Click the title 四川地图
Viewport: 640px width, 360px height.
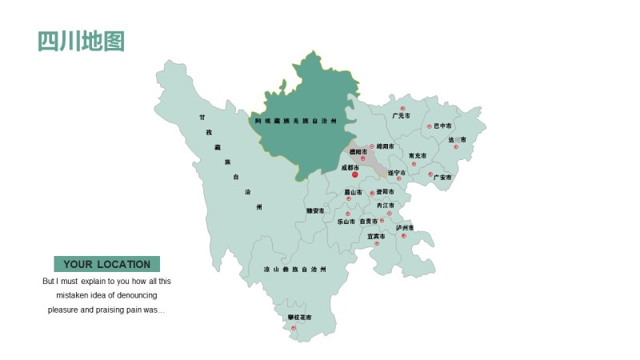[x=82, y=41]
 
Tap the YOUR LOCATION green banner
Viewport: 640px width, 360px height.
[x=107, y=264]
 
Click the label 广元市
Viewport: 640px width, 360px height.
[x=401, y=116]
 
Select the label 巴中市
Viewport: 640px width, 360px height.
[x=442, y=126]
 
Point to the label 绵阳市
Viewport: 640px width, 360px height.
[x=385, y=146]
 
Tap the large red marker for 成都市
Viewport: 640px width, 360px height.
[x=355, y=174]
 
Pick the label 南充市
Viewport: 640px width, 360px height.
[x=417, y=155]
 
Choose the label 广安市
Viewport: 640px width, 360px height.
[x=442, y=177]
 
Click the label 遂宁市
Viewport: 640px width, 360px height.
[x=396, y=173]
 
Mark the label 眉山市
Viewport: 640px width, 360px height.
[x=353, y=192]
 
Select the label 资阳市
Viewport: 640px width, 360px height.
[x=385, y=192]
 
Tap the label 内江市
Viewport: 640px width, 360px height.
[x=386, y=206]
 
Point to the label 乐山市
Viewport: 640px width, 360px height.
[x=346, y=221]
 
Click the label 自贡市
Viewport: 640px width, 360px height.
[x=369, y=221]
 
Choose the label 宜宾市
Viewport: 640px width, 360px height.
[x=376, y=236]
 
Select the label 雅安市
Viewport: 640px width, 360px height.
[x=315, y=210]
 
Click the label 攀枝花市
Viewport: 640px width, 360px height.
[x=299, y=318]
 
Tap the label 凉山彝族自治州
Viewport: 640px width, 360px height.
[x=294, y=270]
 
